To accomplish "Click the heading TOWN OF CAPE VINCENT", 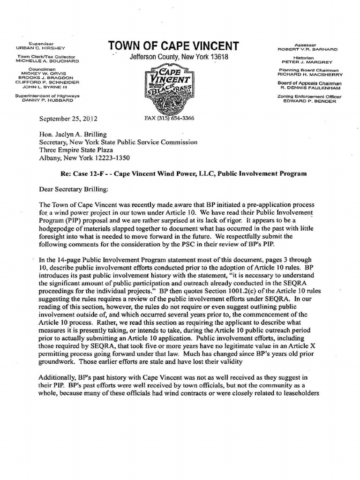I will pos(173,46).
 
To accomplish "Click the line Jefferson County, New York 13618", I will pos(172,57).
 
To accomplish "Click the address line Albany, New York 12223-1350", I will pos(84,158).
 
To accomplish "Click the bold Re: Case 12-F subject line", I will pos(183,173).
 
